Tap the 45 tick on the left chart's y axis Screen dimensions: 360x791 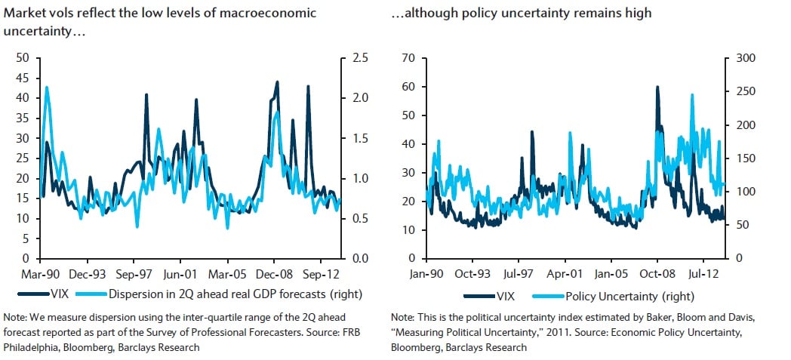[23, 78]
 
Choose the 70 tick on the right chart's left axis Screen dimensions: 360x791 [409, 58]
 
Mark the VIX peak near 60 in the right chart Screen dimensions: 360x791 [657, 87]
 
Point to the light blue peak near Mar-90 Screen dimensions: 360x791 [47, 88]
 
